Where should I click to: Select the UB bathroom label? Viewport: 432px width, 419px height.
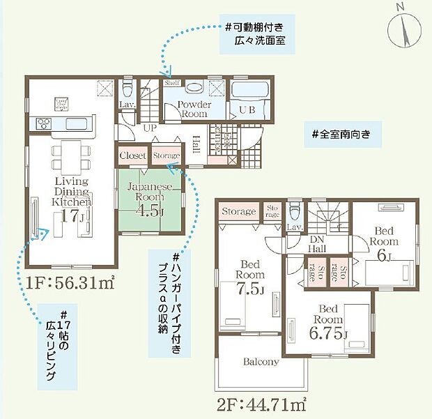pyautogui.click(x=247, y=110)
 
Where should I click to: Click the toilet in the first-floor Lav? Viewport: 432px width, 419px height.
pyautogui.click(x=127, y=89)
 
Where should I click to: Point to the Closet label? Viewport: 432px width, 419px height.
pyautogui.click(x=132, y=156)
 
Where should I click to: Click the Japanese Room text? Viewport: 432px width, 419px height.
pyautogui.click(x=145, y=192)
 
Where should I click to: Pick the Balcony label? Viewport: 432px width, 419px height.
pyautogui.click(x=261, y=362)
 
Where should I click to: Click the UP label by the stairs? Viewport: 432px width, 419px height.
pyautogui.click(x=149, y=128)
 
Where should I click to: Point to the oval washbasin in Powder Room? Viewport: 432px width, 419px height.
pyautogui.click(x=194, y=89)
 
